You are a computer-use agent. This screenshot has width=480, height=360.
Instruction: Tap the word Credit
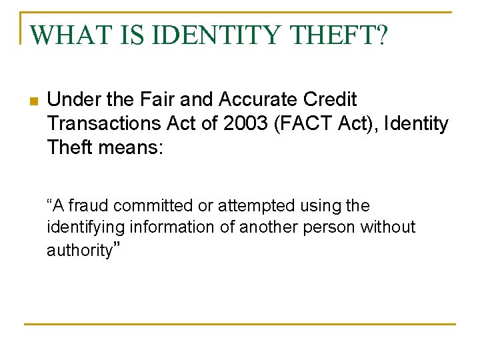click(331, 100)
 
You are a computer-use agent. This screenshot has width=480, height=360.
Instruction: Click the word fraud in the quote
click(89, 206)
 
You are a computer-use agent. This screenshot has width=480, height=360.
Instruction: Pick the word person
click(329, 228)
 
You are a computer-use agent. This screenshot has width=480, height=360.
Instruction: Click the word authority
click(79, 251)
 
